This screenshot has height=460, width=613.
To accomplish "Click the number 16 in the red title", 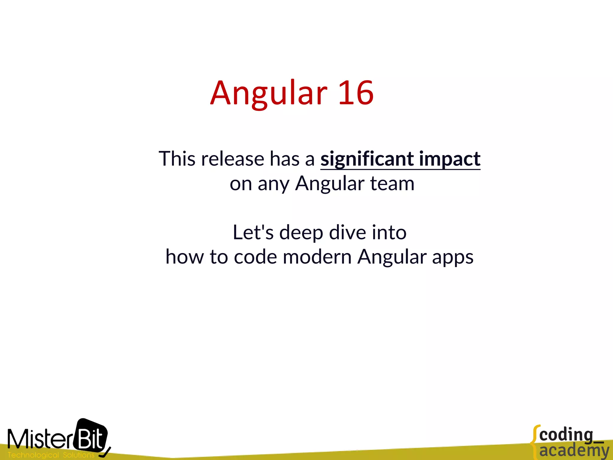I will (x=356, y=93).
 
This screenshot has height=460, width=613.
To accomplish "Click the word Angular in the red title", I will (x=268, y=93).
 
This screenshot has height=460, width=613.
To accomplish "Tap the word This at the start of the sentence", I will (x=177, y=158).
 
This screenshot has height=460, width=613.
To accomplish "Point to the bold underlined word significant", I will (x=367, y=159).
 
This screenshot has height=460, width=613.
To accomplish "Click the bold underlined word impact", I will (x=450, y=159).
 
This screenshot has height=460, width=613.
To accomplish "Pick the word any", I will (x=273, y=184).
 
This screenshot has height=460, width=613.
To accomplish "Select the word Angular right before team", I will (x=329, y=184).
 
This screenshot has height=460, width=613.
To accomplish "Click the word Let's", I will (x=253, y=232).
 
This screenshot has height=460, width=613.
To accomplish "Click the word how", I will (x=185, y=257).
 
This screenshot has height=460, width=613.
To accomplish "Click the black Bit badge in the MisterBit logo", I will (x=92, y=436).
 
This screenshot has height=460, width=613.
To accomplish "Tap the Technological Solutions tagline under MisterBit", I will (x=51, y=455).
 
